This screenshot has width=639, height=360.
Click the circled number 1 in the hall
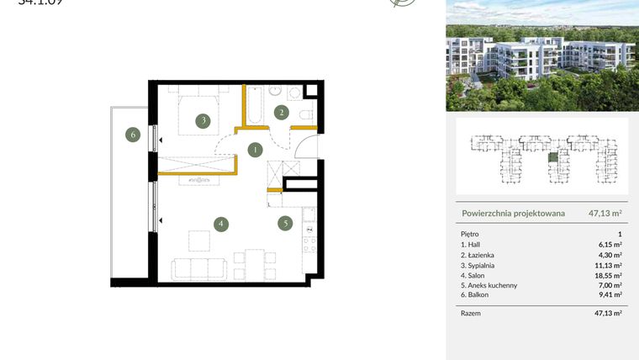(254, 151)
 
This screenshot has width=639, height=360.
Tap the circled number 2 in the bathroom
(283, 112)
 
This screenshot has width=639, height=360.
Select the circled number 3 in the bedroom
(203, 121)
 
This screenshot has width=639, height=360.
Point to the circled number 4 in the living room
(220, 225)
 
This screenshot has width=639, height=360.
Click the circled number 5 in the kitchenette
(286, 224)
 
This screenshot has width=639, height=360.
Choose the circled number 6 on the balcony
(131, 134)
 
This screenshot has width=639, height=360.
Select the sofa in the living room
(198, 269)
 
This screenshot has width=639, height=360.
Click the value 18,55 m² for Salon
(610, 275)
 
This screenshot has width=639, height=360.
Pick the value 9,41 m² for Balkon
(610, 295)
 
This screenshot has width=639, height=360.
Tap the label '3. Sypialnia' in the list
(482, 265)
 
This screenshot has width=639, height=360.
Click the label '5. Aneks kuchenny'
(489, 285)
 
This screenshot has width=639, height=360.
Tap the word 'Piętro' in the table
(471, 234)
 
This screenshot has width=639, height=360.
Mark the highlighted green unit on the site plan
(552, 157)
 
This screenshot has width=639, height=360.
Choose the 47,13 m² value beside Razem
(607, 313)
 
